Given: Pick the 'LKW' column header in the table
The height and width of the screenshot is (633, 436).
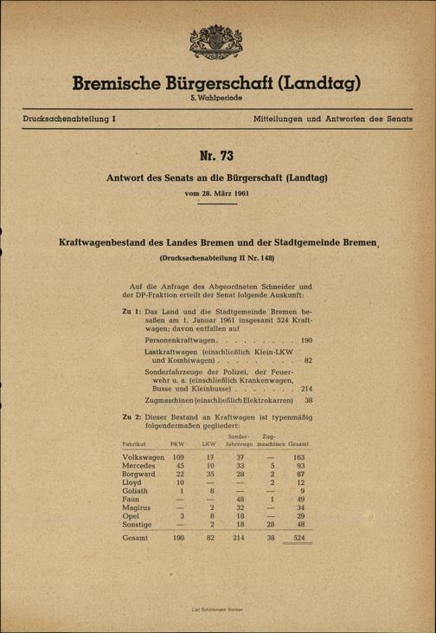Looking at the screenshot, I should click(x=208, y=443).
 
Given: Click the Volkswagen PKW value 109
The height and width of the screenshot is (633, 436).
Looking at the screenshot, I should click(x=179, y=456).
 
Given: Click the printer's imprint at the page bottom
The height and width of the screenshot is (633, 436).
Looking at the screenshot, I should click(x=217, y=610).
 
